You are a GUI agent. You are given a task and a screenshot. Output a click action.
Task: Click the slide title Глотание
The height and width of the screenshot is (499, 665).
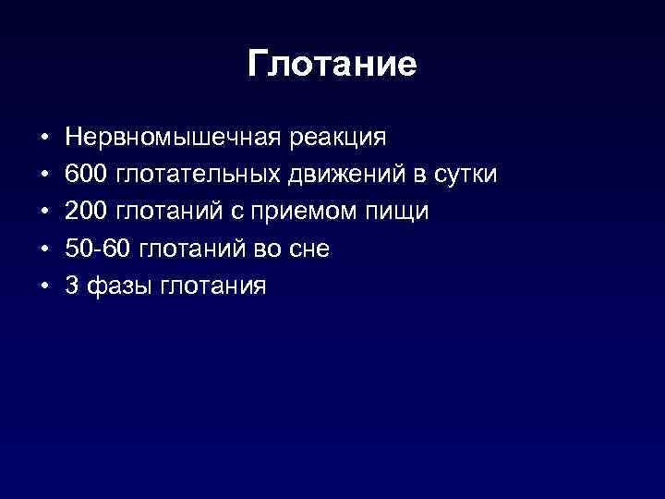pyautogui.click(x=332, y=64)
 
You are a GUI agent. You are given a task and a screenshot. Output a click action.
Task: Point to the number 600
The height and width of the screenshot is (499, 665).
pyautogui.click(x=86, y=175)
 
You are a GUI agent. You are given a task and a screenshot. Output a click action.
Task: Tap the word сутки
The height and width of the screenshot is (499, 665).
pyautogui.click(x=465, y=175)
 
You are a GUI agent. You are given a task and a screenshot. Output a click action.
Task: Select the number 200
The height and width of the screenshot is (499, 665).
pyautogui.click(x=86, y=212)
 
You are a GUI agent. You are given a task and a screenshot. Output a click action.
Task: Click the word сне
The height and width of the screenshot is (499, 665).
pyautogui.click(x=309, y=249)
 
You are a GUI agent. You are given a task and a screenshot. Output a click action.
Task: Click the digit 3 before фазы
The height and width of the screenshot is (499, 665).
pyautogui.click(x=72, y=286)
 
